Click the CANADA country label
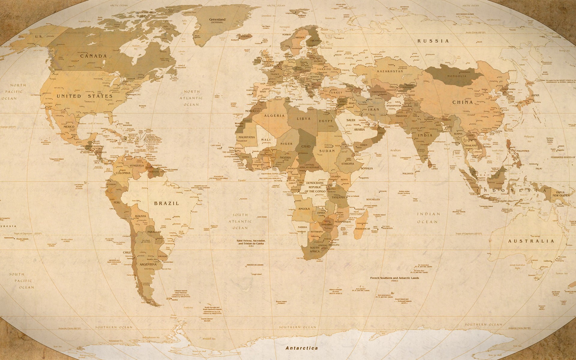[x=93, y=56]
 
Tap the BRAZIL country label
[x=166, y=203]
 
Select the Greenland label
[x=217, y=19]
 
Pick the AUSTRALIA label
[x=531, y=241]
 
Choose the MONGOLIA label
[x=457, y=76]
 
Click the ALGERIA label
[x=274, y=115]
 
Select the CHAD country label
[x=306, y=146]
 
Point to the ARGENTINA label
[x=148, y=265]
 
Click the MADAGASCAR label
[x=362, y=229]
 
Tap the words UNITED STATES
[x=85, y=96]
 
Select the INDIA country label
[x=425, y=135]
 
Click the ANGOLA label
[x=304, y=209]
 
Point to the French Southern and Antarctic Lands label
[x=394, y=278]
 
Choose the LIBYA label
[x=304, y=118]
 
